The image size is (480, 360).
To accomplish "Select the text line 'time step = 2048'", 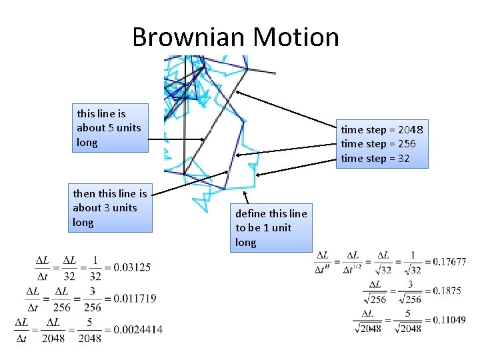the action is click(382, 129).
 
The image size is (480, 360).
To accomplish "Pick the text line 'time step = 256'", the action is click(378, 144).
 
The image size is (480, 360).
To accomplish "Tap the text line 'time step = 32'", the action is click(375, 159).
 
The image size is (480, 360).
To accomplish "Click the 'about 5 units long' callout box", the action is click(110, 128).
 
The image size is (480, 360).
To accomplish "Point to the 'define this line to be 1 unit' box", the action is click(272, 228).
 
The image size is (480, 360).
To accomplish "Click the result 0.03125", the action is click(132, 267).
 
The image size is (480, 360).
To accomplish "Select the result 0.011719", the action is click(135, 298).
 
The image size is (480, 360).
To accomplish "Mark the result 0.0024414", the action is click(138, 329).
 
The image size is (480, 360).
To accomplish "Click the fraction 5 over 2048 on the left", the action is click(89, 329).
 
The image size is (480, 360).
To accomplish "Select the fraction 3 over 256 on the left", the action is click(93, 298).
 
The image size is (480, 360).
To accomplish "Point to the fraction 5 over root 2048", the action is click(408, 321).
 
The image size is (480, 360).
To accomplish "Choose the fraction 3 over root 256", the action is click(411, 291).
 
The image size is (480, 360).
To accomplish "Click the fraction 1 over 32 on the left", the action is click(95, 267).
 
